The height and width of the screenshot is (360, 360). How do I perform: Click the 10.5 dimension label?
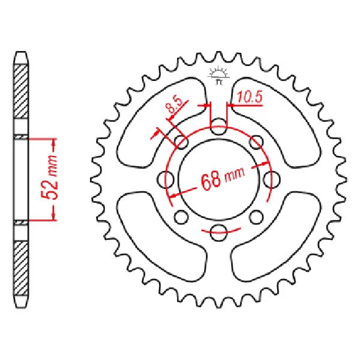pos(250,97)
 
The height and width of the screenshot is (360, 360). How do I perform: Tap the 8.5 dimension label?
pos(175,106)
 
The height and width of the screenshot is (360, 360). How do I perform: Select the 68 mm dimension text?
pos(223,178)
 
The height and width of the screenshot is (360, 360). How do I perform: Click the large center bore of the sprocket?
pos(218,179)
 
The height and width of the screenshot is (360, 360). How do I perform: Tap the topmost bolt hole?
pos(218,126)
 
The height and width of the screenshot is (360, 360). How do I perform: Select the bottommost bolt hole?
pos(218,232)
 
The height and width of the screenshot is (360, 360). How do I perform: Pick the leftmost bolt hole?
pos(166,179)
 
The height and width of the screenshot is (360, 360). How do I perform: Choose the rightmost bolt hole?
pos(271,179)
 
